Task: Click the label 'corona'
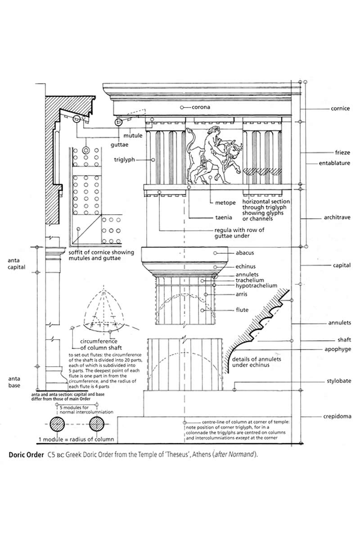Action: (201, 108)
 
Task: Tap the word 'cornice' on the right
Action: (340, 109)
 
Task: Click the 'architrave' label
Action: (337, 218)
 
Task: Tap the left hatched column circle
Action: (57, 424)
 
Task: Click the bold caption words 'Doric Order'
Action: (26, 454)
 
